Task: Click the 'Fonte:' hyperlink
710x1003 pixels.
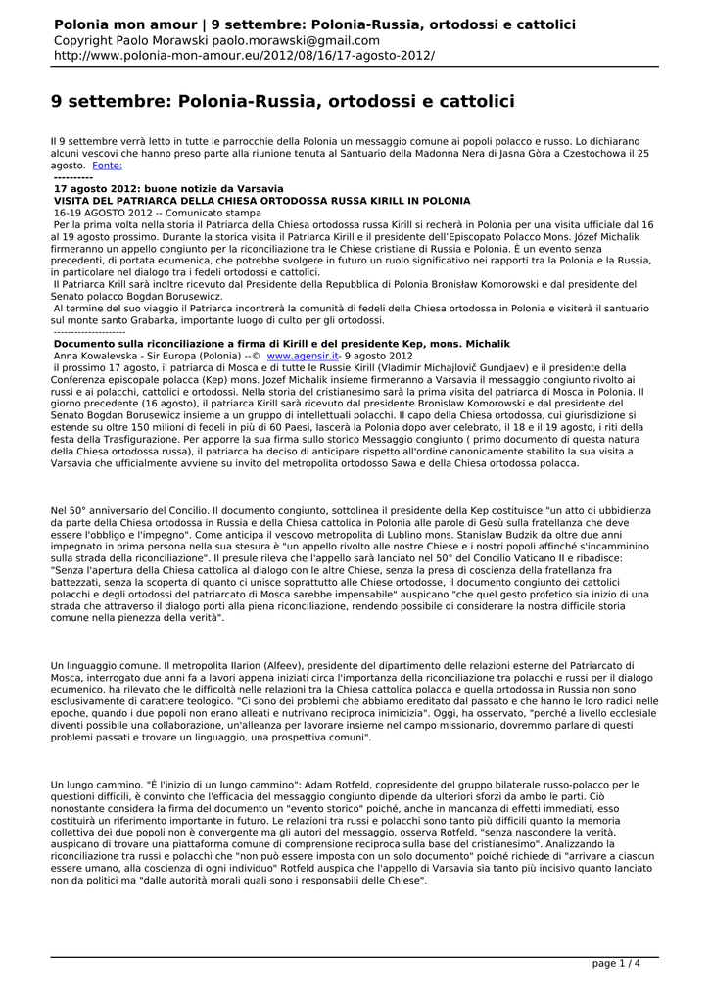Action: point(107,167)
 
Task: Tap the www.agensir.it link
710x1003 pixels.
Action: point(303,357)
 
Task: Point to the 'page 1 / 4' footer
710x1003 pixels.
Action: point(617,963)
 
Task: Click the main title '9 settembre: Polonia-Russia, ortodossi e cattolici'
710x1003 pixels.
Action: point(282,102)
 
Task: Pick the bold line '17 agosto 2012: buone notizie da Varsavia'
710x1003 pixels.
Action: point(167,188)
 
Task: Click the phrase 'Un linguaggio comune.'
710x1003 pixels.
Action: point(98,666)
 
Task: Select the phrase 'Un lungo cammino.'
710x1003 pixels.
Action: point(90,785)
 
